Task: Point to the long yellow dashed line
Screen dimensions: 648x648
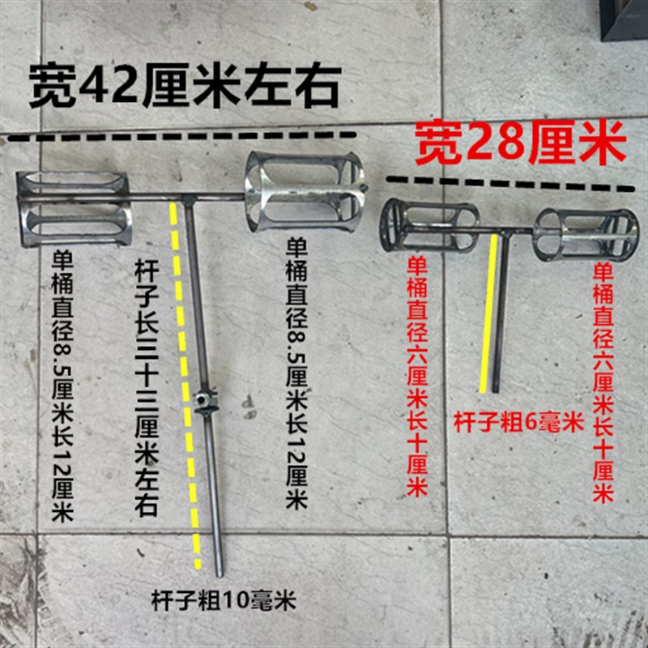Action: tap(185, 381)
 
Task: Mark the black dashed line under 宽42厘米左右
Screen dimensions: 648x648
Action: tap(182, 136)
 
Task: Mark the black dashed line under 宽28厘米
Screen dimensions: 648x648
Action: tap(510, 183)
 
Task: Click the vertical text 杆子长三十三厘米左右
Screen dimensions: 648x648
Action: tap(144, 381)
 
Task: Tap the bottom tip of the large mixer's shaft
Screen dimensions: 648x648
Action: tap(218, 570)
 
